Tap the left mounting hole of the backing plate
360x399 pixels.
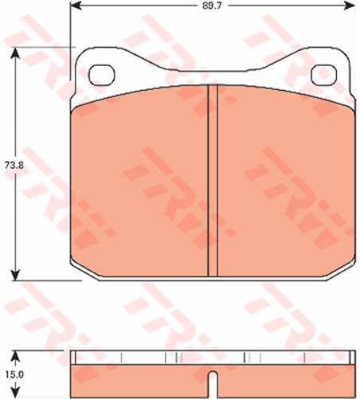tap(102, 74)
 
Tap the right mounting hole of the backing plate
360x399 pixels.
tap(324, 74)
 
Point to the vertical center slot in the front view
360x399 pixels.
tap(213, 182)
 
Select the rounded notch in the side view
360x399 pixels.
tap(212, 383)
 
